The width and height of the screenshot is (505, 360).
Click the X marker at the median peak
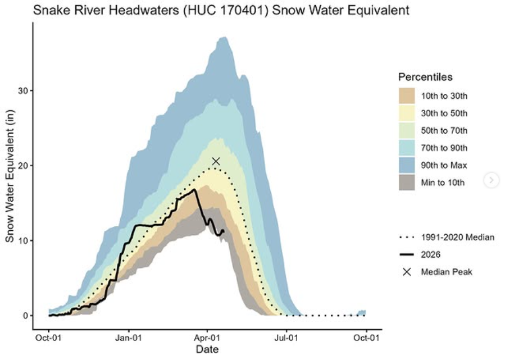pos(216,161)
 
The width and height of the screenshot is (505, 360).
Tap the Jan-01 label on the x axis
pos(129,338)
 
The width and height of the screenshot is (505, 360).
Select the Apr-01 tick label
pos(207,338)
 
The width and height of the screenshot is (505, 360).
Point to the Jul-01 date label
pos(286,338)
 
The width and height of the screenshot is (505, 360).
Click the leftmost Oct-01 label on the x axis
pos(48,338)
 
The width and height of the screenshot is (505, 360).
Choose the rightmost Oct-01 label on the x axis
pos(366,338)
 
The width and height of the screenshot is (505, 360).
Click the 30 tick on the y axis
pos(23,91)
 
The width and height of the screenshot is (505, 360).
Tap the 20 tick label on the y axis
pos(23,166)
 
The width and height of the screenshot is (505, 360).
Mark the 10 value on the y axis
pos(23,241)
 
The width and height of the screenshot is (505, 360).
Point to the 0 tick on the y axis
pos(25,316)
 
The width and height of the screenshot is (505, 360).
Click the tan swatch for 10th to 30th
pos(407,96)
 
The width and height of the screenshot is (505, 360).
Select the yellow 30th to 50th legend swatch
pos(407,113)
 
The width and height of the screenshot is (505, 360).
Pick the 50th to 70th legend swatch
pos(407,131)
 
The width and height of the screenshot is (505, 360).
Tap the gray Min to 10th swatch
pos(407,183)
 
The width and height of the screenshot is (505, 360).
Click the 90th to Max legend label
pos(444,166)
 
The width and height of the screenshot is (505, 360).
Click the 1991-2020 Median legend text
pos(457,238)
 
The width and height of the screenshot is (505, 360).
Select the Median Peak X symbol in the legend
pos(407,272)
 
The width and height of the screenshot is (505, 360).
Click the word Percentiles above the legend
pos(425,77)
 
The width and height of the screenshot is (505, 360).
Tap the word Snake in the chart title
pos(52,10)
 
